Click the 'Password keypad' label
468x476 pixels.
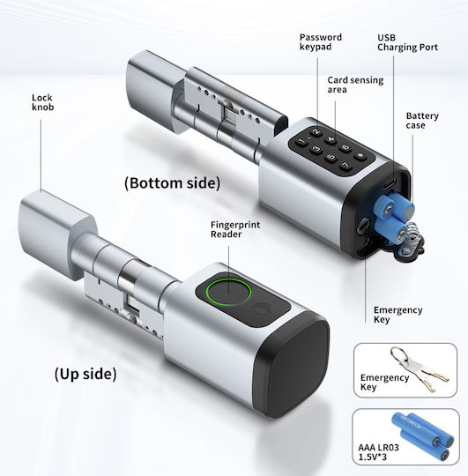[x=321, y=42]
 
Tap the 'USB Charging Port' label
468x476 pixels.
[x=407, y=42]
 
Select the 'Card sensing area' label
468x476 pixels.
[x=355, y=85]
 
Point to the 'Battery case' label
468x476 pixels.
[x=422, y=121]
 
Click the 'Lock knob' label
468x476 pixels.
[x=43, y=102]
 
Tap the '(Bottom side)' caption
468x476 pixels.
[x=173, y=183]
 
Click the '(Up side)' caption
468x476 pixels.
[x=85, y=374]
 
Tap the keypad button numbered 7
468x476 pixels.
[x=345, y=166]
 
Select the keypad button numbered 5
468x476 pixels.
[x=331, y=157]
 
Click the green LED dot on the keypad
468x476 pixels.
[x=308, y=138]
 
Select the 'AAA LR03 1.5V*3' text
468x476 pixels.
[x=378, y=452]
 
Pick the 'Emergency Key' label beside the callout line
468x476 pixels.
[x=397, y=315]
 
